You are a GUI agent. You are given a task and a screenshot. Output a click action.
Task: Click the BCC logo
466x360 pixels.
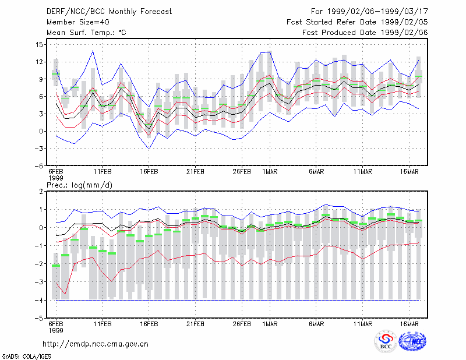tap(386, 341)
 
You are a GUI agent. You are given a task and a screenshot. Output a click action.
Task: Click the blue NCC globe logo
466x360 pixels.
tap(412, 341)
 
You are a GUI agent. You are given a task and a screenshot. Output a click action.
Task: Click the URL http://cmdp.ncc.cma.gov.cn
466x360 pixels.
tap(96, 344)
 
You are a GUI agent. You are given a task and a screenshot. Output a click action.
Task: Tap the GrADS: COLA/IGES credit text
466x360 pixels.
tap(26, 357)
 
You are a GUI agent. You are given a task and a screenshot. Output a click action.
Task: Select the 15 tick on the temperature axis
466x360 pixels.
tap(39, 45)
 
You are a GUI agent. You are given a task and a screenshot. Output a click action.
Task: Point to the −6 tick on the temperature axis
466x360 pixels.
tap(38, 166)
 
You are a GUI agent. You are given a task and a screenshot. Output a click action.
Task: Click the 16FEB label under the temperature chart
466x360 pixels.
tap(149, 172)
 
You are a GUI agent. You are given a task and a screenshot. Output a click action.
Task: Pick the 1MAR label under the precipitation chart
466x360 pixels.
tap(270, 324)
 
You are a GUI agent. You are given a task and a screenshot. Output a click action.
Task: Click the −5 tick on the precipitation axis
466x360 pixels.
tap(38, 319)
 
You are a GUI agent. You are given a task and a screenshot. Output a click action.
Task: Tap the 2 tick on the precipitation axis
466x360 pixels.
tap(41, 192)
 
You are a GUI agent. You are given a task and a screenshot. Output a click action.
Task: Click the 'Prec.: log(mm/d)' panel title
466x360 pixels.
tap(79, 185)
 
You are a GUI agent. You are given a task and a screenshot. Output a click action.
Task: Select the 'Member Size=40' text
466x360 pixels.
tap(78, 22)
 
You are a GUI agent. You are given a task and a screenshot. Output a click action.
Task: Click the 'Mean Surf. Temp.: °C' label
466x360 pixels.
tap(86, 33)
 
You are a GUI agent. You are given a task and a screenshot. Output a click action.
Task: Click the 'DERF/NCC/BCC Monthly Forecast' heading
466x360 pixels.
tap(109, 12)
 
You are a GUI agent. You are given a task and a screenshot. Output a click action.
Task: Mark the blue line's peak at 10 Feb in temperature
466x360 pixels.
tap(93, 51)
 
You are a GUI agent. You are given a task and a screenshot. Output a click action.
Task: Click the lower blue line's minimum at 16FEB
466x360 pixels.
tap(149, 149)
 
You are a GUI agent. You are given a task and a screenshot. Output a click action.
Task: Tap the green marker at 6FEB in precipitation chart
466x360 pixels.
tap(56, 266)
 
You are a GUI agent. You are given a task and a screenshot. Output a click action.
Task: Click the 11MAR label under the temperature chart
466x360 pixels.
tap(362, 172)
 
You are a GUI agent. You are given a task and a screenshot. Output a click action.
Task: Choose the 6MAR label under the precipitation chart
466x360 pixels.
tap(316, 324)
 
